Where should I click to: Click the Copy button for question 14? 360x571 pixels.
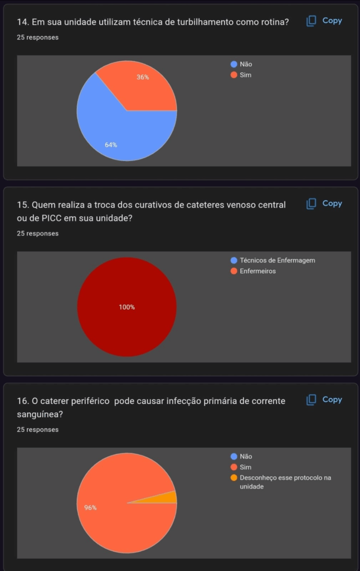click(324, 21)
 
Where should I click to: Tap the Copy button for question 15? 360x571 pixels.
click(324, 204)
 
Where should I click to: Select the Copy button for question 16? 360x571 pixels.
click(324, 399)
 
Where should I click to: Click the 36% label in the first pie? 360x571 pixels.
click(143, 78)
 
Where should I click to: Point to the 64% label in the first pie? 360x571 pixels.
click(111, 145)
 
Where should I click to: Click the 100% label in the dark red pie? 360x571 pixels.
click(127, 307)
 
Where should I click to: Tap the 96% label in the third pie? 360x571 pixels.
click(90, 507)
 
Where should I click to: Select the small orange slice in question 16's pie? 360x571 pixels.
click(171, 497)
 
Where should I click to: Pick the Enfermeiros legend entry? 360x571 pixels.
click(257, 271)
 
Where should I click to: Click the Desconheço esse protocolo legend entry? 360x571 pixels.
click(285, 478)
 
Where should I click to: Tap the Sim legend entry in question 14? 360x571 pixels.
click(245, 75)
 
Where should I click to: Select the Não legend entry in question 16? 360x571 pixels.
click(245, 456)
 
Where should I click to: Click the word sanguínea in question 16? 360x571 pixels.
click(39, 414)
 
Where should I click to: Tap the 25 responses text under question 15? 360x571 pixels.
click(38, 234)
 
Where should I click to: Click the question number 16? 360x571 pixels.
click(23, 401)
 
